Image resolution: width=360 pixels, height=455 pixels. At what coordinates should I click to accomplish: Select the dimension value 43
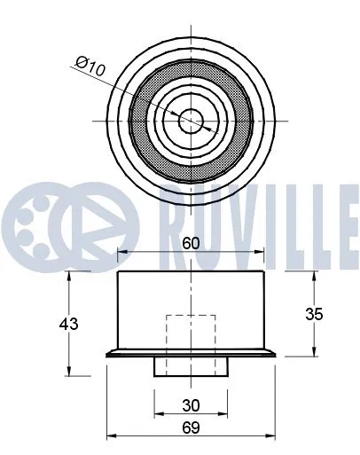(x=69, y=324)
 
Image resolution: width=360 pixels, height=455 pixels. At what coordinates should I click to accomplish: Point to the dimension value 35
(x=314, y=314)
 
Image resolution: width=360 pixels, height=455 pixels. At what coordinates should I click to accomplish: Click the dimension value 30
(x=191, y=404)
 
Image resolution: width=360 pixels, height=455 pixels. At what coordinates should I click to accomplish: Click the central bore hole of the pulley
(x=191, y=119)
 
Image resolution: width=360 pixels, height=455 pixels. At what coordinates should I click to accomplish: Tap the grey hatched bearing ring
(x=142, y=119)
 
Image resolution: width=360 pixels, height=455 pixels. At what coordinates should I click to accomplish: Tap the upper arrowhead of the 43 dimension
(x=69, y=274)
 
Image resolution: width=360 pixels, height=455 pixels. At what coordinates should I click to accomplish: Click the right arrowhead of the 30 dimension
(x=224, y=414)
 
